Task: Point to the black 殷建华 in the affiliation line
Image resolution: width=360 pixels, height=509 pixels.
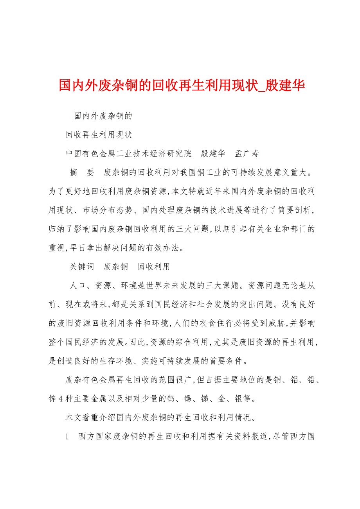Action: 213,154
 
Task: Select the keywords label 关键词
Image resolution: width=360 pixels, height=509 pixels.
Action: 82,267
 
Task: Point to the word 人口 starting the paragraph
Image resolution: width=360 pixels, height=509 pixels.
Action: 78,285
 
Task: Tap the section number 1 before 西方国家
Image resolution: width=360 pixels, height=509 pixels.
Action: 67,436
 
